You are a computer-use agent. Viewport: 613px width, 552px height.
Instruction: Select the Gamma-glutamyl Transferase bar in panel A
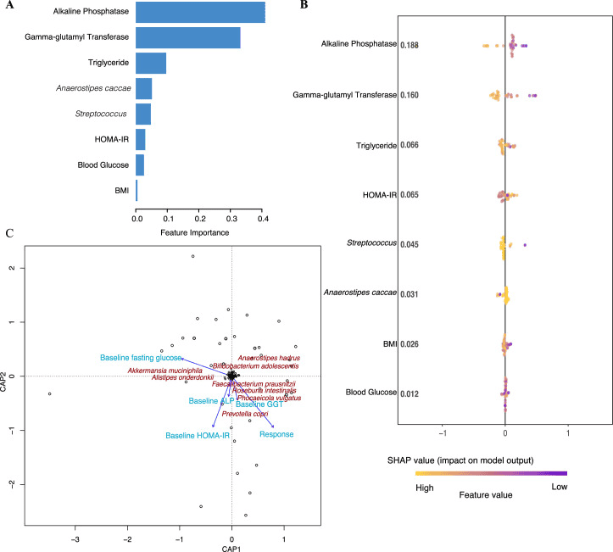point(188,38)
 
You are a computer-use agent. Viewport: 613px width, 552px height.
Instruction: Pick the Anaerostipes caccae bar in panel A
point(144,88)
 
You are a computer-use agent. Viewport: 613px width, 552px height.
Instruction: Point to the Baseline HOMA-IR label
point(198,436)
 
